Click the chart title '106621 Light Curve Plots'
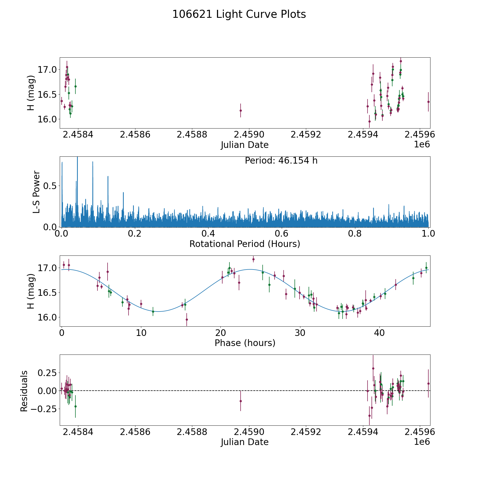(239, 14)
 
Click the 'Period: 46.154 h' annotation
(281, 161)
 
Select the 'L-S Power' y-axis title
(36, 192)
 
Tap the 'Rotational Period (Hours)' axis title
(245, 244)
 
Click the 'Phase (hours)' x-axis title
(245, 343)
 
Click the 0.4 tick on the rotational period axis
(208, 234)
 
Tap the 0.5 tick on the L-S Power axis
(50, 186)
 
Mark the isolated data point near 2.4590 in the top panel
(241, 110)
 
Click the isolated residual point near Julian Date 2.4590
(241, 401)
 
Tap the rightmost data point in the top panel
(428, 102)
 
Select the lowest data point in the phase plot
(187, 319)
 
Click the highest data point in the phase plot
(253, 259)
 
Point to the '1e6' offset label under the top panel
(422, 144)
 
